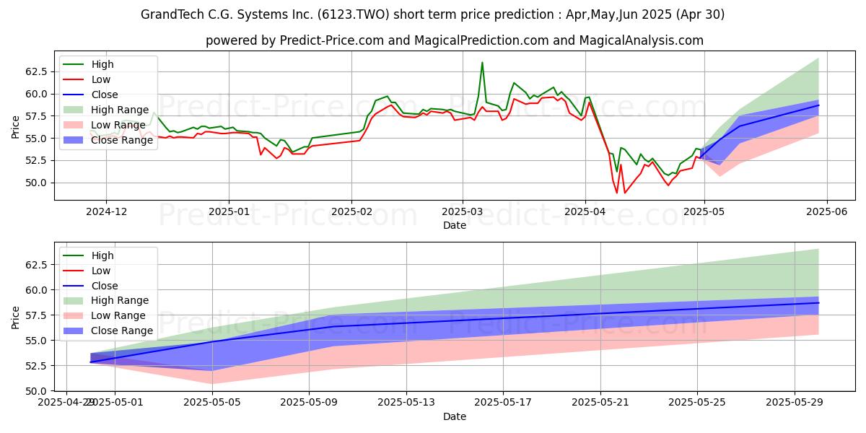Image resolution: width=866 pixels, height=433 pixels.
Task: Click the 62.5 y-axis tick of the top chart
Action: click(36, 71)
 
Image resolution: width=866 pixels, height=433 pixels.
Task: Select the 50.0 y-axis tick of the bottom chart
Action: click(36, 391)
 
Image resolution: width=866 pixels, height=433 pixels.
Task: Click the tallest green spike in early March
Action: click(482, 63)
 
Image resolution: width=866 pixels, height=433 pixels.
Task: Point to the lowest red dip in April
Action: click(617, 193)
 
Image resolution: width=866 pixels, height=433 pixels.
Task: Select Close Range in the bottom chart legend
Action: click(122, 331)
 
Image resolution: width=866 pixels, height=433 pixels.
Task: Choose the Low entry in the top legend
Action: click(101, 79)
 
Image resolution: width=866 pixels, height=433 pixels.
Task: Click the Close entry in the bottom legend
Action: click(105, 285)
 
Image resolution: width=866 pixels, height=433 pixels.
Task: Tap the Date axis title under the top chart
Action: click(455, 225)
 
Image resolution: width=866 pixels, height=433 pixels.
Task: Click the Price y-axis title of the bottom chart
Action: click(16, 317)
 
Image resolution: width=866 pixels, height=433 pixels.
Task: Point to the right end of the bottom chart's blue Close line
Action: click(818, 303)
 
